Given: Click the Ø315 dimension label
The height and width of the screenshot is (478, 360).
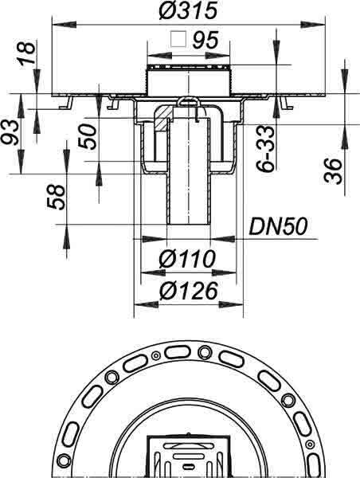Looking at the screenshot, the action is tap(188, 11).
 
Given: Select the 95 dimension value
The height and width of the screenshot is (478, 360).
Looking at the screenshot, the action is tap(205, 40).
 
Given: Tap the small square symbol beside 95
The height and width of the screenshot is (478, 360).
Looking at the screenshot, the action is tap(178, 39).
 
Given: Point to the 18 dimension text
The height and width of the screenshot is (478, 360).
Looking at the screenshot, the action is tap(27, 53).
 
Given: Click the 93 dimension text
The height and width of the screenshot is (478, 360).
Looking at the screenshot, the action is tap(10, 132).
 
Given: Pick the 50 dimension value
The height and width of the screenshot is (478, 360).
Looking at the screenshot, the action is tap(88, 137).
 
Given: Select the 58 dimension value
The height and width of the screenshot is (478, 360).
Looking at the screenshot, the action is tap(57, 198).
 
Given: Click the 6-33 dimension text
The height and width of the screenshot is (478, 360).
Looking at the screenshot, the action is tap(265, 149).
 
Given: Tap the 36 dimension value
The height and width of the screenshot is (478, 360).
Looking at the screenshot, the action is tap(333, 171).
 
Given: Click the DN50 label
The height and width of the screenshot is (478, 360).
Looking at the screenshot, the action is tap(278, 227).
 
